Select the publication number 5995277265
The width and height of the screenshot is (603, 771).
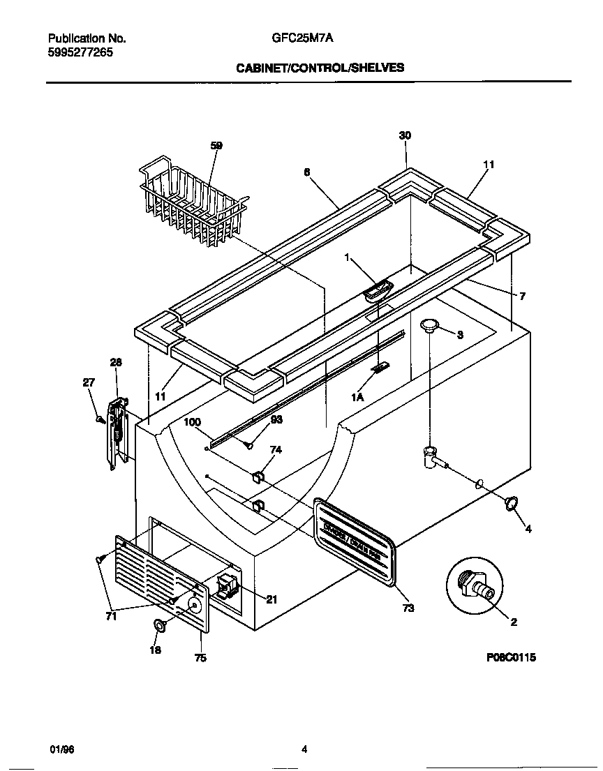81,52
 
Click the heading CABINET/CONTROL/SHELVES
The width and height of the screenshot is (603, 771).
320,68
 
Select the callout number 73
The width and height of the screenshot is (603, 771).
408,608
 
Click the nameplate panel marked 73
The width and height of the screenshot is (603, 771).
355,538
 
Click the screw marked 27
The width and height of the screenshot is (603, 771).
100,420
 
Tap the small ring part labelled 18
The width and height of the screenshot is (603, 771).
160,627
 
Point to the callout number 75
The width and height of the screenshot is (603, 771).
200,657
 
